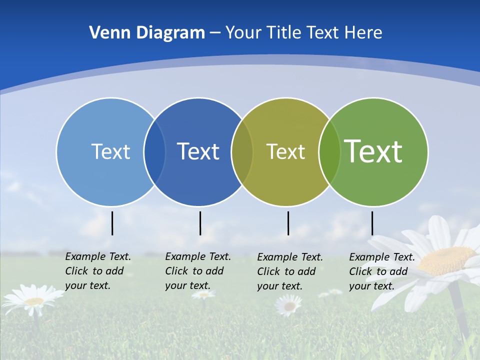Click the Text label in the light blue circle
[x=110, y=151]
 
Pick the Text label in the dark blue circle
[x=198, y=151]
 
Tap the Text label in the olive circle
[x=285, y=151]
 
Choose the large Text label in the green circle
[x=373, y=151]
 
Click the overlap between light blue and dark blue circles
[x=154, y=151]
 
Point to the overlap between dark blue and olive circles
[x=242, y=151]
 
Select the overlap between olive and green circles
[x=329, y=151]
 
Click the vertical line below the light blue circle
[x=112, y=223]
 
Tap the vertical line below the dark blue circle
[x=200, y=223]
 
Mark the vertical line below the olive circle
[x=288, y=223]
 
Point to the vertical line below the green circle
[x=372, y=223]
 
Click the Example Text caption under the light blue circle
[x=97, y=271]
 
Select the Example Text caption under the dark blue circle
[x=197, y=271]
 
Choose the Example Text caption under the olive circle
[x=290, y=271]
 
